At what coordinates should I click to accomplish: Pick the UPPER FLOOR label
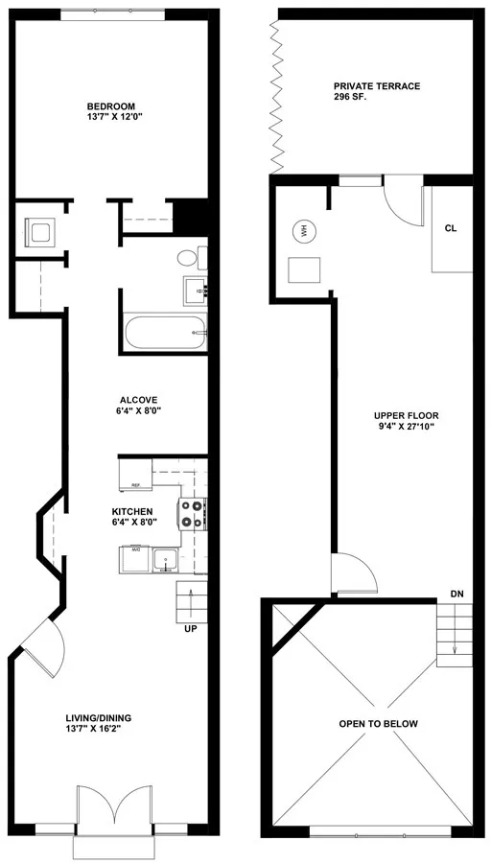tap(406, 416)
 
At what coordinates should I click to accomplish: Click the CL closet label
tap(450, 229)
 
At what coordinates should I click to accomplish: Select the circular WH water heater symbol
tap(304, 231)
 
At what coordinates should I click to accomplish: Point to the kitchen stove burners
tap(192, 514)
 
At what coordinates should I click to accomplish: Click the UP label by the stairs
tap(190, 629)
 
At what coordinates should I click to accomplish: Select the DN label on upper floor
tap(456, 595)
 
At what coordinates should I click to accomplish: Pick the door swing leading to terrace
tap(401, 203)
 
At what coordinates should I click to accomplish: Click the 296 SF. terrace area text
tap(351, 98)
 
